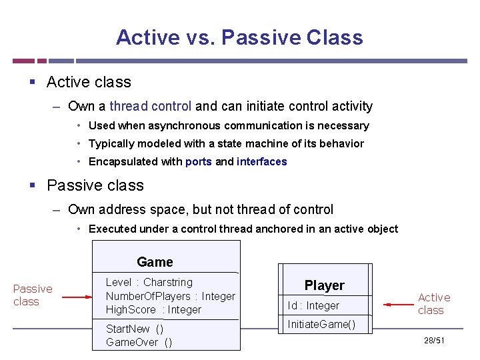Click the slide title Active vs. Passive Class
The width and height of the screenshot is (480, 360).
tap(239, 37)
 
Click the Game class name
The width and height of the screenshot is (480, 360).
tap(155, 262)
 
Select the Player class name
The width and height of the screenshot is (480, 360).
tap(325, 285)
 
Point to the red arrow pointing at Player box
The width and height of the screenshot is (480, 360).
tap(399, 305)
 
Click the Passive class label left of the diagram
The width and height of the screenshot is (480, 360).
tap(32, 295)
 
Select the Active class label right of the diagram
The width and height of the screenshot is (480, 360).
tap(434, 303)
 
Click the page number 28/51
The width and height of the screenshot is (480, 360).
tap(434, 341)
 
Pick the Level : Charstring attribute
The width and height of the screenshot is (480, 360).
tap(149, 282)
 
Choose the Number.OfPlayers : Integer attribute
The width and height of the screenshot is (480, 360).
tap(170, 296)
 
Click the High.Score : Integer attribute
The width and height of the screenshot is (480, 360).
tap(153, 309)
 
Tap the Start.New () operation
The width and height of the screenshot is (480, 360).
tap(135, 329)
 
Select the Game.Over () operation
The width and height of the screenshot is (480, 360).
tap(139, 342)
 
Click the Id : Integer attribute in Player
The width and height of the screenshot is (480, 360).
tap(313, 305)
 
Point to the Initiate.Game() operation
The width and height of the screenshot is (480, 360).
tap(321, 325)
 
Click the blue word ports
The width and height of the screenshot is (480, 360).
tap(199, 161)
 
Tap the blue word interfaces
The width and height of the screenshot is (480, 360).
tap(261, 161)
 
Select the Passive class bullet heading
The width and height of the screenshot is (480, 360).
tap(95, 185)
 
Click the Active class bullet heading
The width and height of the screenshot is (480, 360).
tap(89, 82)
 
